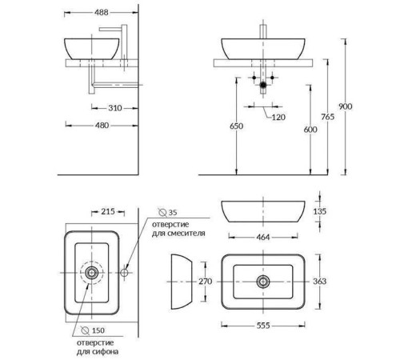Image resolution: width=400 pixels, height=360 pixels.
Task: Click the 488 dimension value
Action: pyautogui.click(x=102, y=13)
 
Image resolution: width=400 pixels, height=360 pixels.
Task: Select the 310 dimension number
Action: pyautogui.click(x=115, y=108)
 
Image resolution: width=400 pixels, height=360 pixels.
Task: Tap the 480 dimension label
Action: pyautogui.click(x=102, y=126)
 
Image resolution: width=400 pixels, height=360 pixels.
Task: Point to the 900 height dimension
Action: pyautogui.click(x=346, y=106)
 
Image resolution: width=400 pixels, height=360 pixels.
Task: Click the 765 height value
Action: pyautogui.click(x=327, y=117)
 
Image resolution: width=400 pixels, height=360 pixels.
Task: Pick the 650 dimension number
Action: pyautogui.click(x=236, y=126)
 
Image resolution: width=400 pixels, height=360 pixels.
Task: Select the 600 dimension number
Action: pyautogui.click(x=310, y=130)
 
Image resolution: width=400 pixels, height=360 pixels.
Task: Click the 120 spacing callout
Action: pyautogui.click(x=278, y=117)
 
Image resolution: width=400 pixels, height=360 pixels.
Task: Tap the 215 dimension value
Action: pyautogui.click(x=108, y=211)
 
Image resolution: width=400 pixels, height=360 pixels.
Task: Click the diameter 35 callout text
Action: pyautogui.click(x=167, y=213)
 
